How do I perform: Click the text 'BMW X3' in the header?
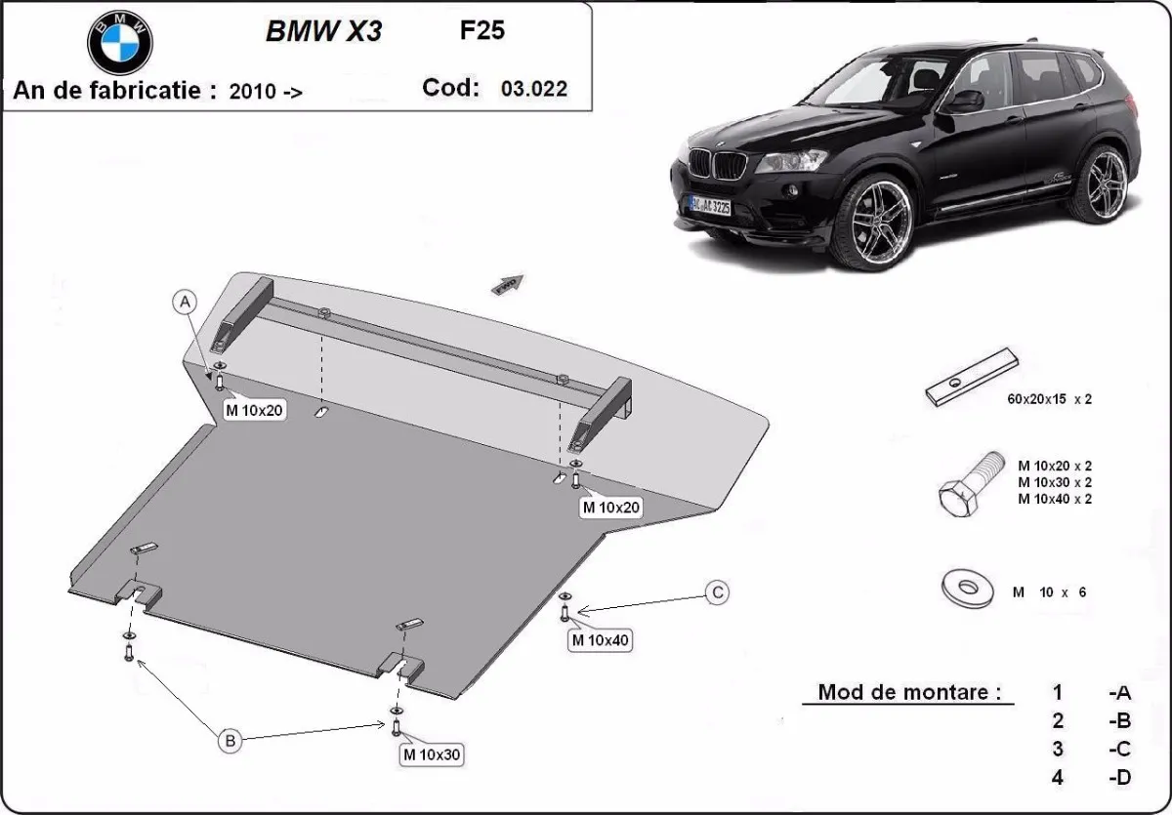323,31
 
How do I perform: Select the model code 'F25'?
482,29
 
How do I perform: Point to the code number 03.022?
533,89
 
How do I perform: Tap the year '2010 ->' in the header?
266,92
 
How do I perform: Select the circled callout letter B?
230,741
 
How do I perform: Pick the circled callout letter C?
717,592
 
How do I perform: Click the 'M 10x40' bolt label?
601,640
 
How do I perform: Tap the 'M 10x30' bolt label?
431,754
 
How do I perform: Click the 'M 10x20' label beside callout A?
254,410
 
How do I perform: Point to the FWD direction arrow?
508,284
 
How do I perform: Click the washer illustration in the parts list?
967,589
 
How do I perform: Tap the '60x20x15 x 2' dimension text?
1049,399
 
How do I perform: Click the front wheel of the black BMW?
879,220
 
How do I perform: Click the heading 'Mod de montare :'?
909,692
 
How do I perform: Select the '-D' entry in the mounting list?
1119,777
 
